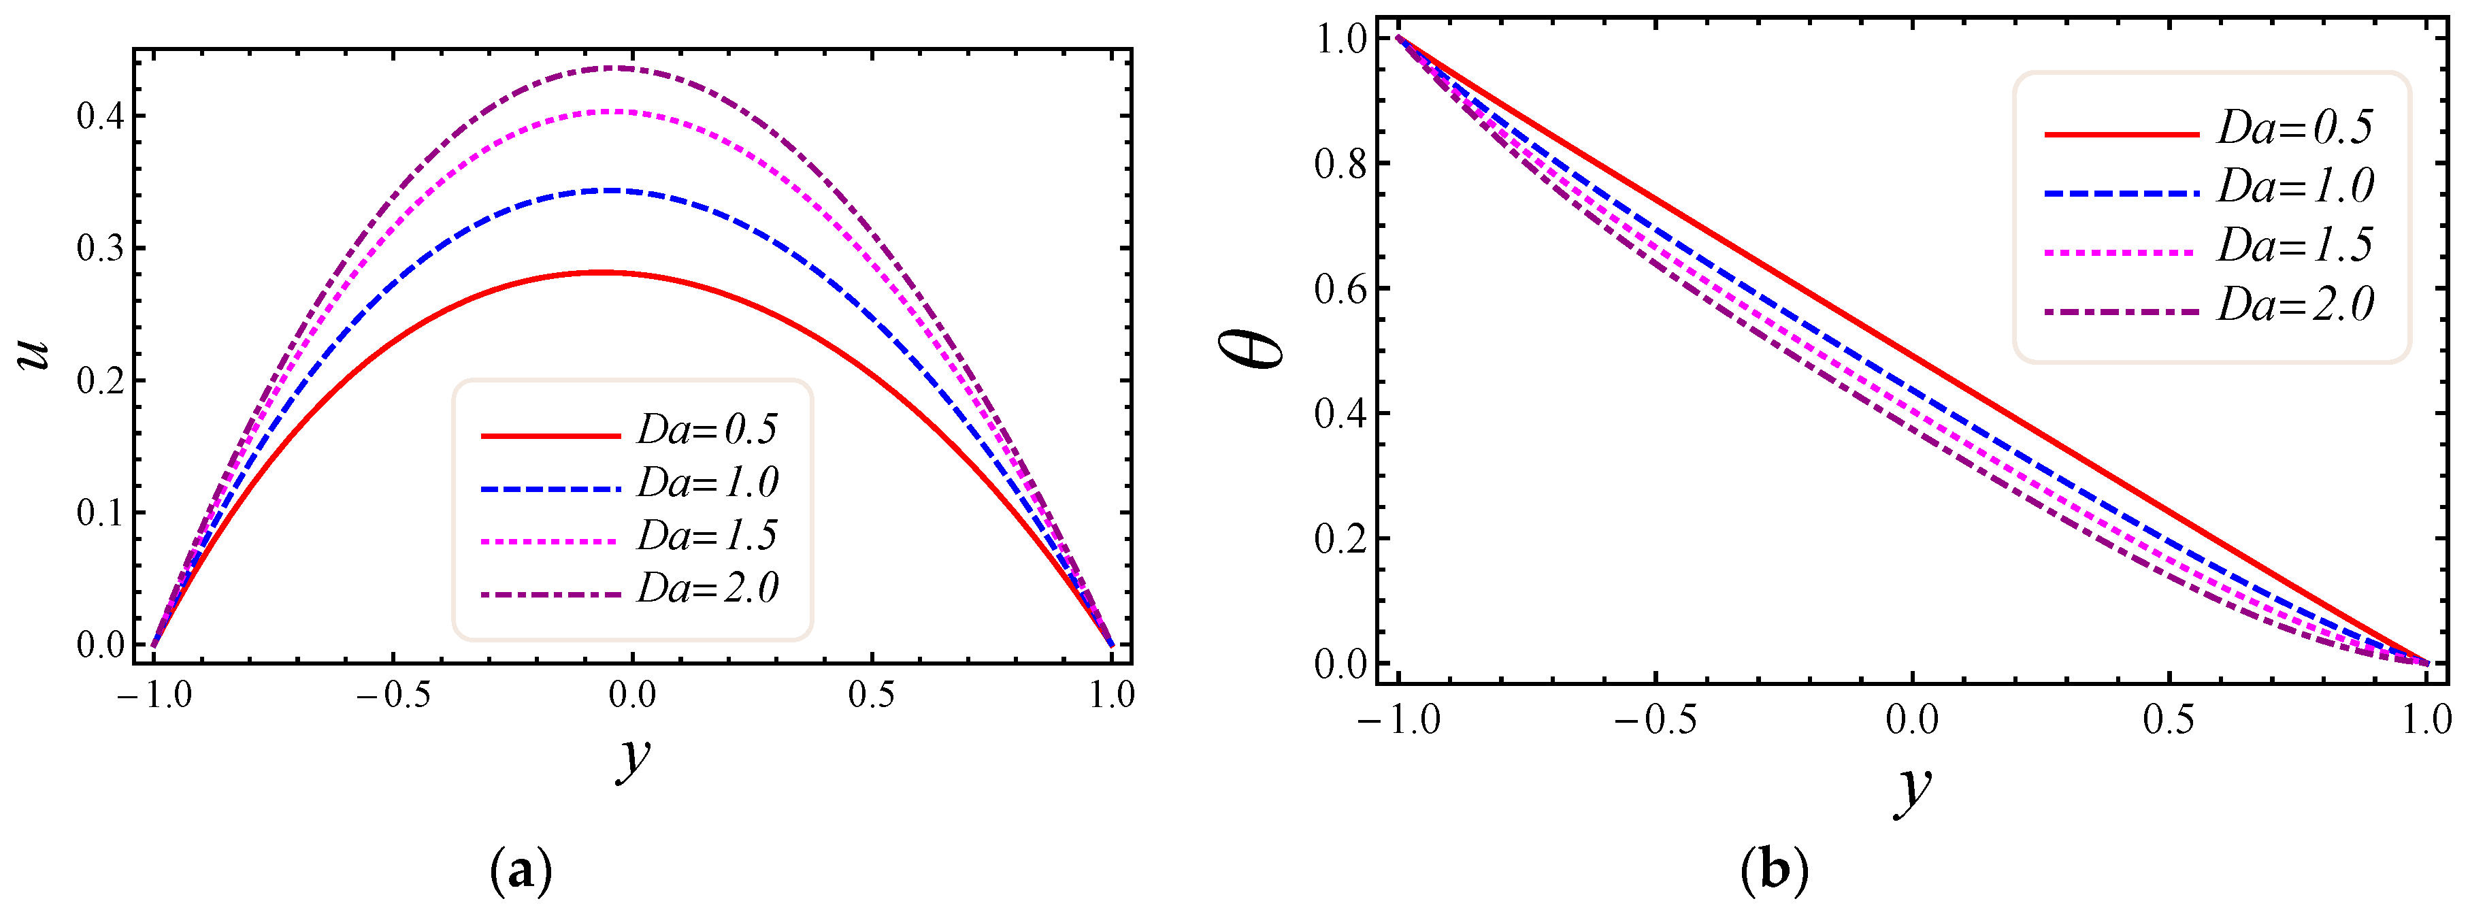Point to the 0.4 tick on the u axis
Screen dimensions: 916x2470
[x=101, y=117]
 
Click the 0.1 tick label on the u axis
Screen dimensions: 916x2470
[x=101, y=513]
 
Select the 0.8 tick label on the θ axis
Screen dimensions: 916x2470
[x=1340, y=164]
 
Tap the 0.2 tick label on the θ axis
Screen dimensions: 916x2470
[x=1340, y=539]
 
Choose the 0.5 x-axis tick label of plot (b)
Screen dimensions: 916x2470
[x=2168, y=719]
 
